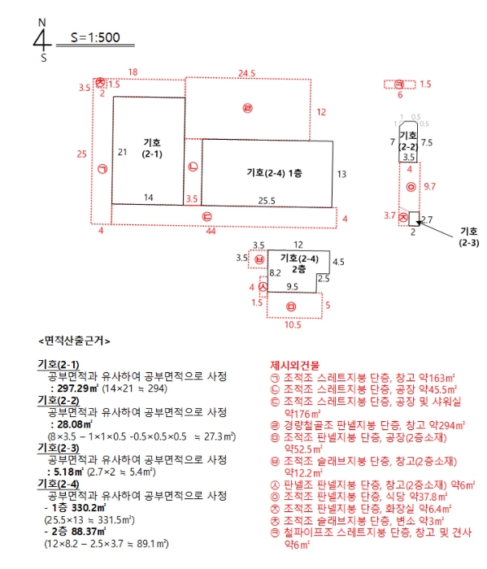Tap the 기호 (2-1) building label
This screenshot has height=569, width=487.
pyautogui.click(x=151, y=147)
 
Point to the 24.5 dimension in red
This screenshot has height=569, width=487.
pyautogui.click(x=247, y=73)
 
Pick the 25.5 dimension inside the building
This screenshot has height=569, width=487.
pyautogui.click(x=267, y=200)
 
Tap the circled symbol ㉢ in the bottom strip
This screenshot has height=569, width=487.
pyautogui.click(x=207, y=216)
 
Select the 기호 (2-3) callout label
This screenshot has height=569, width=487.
pyautogui.click(x=469, y=237)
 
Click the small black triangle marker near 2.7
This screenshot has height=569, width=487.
pyautogui.click(x=416, y=221)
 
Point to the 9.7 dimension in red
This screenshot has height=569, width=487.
pyautogui.click(x=430, y=187)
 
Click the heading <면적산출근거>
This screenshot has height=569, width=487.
pyautogui.click(x=74, y=341)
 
